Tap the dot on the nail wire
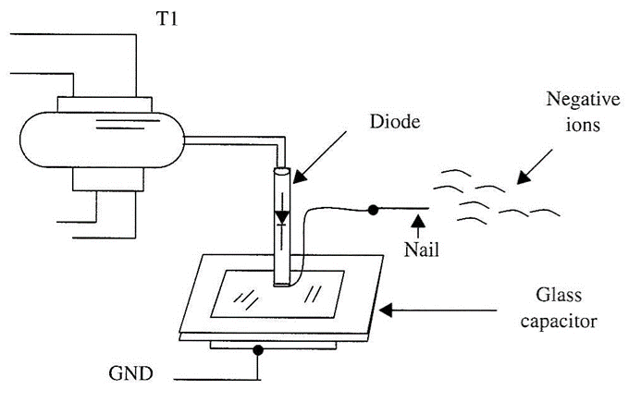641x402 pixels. tap(372, 209)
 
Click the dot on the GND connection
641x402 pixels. tap(260, 351)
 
